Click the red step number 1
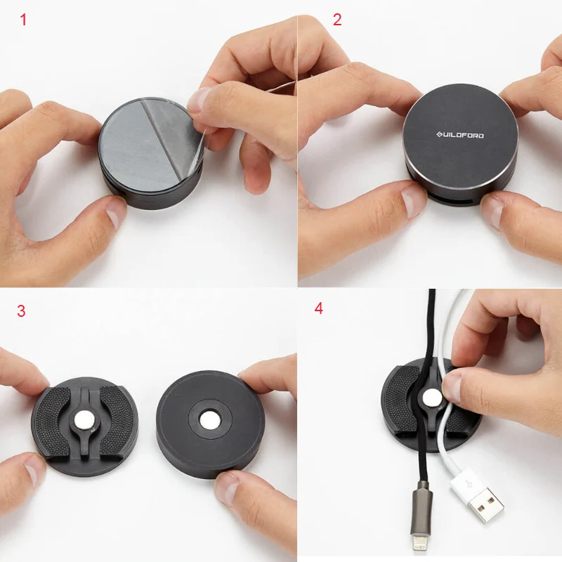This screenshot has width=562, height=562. tap(23, 20)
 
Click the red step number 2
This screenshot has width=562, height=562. tap(337, 20)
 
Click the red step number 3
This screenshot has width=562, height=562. tap(21, 311)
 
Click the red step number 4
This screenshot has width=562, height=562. tap(319, 308)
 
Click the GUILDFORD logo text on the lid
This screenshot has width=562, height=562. tap(460, 135)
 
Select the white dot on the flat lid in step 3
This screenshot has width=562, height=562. tap(210, 420)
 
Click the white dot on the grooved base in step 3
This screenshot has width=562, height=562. tap(84, 420)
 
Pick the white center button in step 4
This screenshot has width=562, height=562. tap(432, 398)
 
